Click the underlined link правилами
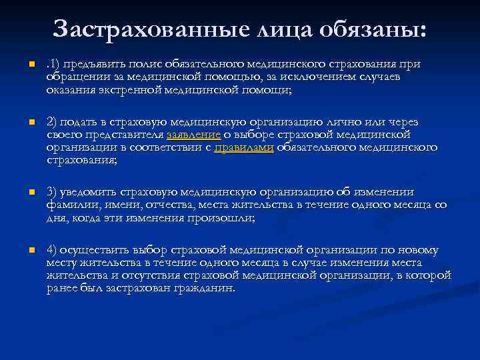coord(244,148)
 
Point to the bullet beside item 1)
coord(23,64)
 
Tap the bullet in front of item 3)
coord(23,191)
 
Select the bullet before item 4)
coord(23,251)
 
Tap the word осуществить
coord(93,251)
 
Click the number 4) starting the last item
coord(52,251)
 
